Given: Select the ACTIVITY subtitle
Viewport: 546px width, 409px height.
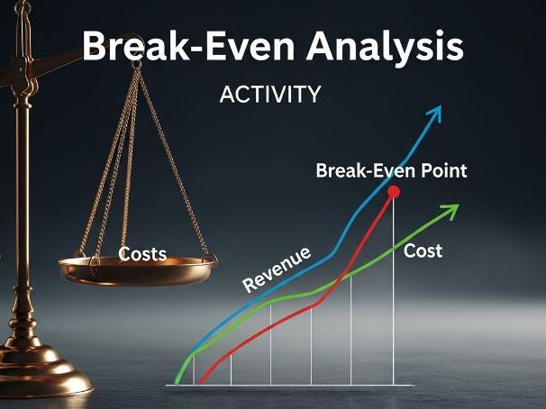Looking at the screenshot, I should click(270, 95).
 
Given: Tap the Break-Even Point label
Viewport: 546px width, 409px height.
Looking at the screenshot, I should click(391, 170).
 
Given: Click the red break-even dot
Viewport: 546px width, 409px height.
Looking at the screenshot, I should click(393, 192).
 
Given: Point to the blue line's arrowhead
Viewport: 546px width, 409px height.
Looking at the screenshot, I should click(437, 112).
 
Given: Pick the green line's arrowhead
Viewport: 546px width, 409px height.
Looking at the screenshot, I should click(452, 210).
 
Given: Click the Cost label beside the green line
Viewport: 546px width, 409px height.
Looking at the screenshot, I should click(423, 250).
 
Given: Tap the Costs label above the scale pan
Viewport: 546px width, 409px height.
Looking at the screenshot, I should click(143, 254).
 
